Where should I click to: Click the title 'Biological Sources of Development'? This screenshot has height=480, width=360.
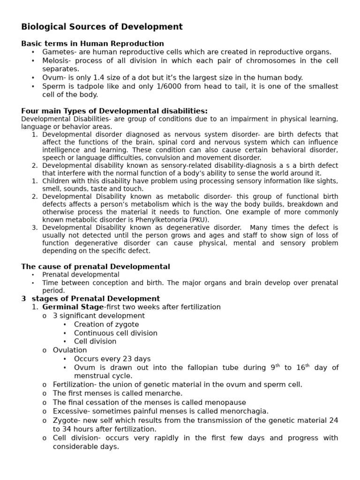(x=102, y=27)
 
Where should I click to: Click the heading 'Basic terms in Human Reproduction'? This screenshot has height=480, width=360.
(x=92, y=44)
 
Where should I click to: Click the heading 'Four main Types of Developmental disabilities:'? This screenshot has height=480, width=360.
(x=114, y=111)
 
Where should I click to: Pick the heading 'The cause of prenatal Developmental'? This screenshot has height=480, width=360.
(x=96, y=267)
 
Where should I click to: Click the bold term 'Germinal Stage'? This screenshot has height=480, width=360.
(x=73, y=307)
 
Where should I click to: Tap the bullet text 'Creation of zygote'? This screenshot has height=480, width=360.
(x=106, y=324)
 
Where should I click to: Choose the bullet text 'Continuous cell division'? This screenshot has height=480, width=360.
(x=116, y=333)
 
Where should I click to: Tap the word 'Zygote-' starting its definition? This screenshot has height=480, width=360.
(x=67, y=420)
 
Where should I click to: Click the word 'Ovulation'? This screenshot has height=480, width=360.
(x=70, y=350)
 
